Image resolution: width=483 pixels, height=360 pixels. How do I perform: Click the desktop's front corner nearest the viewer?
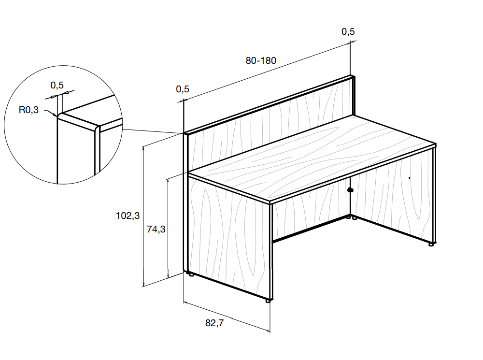tap(270, 202)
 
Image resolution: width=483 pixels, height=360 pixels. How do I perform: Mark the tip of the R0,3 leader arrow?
tap(57, 116)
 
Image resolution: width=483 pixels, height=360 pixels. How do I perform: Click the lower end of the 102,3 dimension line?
tap(143, 287)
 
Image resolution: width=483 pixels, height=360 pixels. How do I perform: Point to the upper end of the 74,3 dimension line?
tap(168, 179)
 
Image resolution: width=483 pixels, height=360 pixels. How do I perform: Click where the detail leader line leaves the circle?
tap(123, 129)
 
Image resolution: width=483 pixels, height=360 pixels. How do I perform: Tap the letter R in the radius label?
tap(22, 110)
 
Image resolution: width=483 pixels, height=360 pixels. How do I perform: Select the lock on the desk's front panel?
tap(350, 190)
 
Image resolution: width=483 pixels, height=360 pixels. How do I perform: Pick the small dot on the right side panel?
tap(410, 178)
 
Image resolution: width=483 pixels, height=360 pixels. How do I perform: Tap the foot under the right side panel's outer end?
tap(431, 245)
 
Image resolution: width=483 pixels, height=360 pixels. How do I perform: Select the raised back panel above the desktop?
tap(270, 123)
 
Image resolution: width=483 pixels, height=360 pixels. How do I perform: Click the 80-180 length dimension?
tap(261, 60)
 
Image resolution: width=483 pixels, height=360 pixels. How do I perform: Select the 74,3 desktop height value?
tap(156, 230)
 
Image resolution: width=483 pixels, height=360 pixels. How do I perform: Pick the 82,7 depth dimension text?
tap(214, 323)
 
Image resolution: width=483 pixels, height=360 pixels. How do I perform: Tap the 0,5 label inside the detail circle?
tap(57, 85)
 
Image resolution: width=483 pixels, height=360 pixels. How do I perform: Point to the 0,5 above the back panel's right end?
tap(348, 31)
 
